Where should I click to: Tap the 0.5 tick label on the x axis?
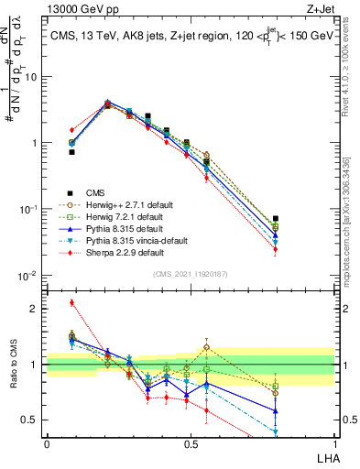tap(190, 443)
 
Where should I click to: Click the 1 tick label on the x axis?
tap(333, 443)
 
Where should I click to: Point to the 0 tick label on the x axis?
tap(47, 443)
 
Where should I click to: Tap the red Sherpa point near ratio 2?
tap(71, 302)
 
